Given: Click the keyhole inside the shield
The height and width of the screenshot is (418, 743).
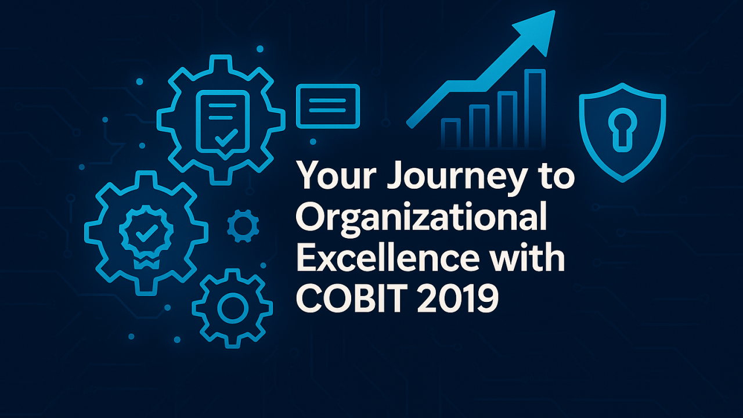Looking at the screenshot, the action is coord(622,130).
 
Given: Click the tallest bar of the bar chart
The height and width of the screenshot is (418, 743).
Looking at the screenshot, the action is coord(535,109).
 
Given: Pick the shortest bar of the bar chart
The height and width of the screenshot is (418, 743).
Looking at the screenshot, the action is coord(451,133).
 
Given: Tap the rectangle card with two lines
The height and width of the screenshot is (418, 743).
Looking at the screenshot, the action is coord(328,106).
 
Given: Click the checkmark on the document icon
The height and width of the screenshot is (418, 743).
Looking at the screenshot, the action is coord(226,138).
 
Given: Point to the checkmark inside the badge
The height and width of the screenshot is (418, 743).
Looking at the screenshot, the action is coord(147,233).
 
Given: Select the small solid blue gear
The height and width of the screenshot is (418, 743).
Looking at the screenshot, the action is coord(243,226).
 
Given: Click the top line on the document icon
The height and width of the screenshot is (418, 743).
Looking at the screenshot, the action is coord(222,106).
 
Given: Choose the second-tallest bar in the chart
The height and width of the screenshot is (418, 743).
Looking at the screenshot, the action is coord(506,120).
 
